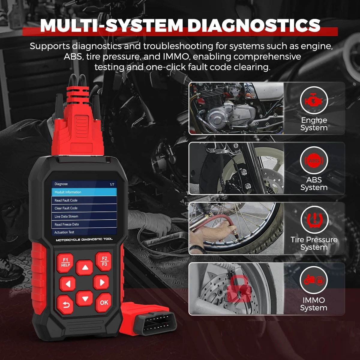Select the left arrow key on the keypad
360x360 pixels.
68,283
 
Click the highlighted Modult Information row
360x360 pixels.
84,192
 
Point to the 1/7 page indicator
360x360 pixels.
112,184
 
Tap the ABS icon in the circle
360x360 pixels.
314,160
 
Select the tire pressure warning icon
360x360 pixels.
314,220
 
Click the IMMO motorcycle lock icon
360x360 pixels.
314,280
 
